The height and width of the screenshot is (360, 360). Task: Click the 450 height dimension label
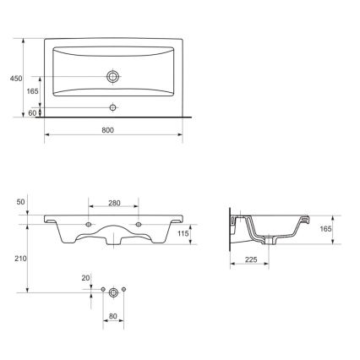click(14, 78)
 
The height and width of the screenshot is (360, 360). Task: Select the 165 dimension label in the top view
click(33, 90)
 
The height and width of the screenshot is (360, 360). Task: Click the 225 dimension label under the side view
click(252, 260)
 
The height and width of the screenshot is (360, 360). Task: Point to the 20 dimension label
click(85, 277)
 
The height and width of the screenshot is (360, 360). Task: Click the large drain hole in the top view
click(112, 76)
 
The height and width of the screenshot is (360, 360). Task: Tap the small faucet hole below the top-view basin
click(112, 107)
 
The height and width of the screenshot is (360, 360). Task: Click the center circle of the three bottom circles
click(112, 292)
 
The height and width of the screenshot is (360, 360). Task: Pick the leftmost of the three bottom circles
click(102, 291)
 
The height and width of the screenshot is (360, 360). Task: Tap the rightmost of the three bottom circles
click(123, 291)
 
